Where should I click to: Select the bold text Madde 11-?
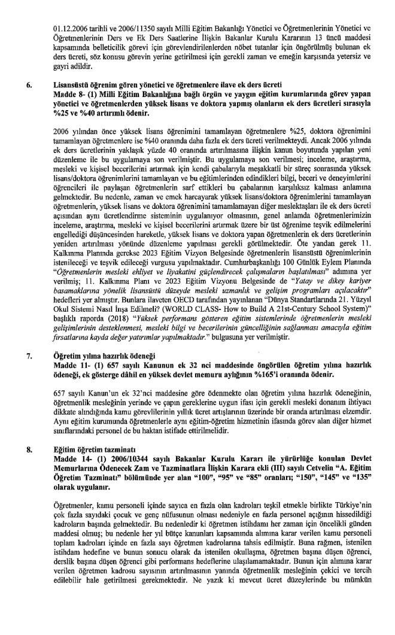click(71, 364)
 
